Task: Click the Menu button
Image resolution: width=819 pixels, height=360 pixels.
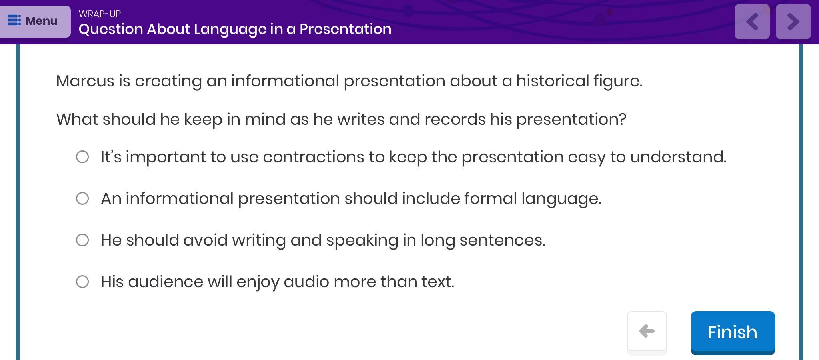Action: coord(35,21)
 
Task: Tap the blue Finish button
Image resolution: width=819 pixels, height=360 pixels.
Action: coord(733,332)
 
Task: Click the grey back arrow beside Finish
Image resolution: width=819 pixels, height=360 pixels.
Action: coord(647,331)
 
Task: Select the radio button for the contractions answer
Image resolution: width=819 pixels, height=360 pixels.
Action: coord(82,157)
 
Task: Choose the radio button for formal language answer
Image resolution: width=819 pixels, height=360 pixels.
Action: coord(82,198)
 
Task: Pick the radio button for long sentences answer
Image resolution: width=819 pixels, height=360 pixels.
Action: coord(82,240)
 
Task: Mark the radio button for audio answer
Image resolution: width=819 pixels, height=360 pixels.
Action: coord(82,282)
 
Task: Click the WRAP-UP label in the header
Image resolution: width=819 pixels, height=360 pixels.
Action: coord(100,14)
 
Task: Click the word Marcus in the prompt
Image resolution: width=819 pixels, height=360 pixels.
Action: coord(85,81)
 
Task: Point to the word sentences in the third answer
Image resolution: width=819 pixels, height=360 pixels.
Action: coord(503,240)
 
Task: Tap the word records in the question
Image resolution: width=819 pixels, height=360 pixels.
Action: coord(455,120)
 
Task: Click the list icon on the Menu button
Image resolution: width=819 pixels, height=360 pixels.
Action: coord(14,20)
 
